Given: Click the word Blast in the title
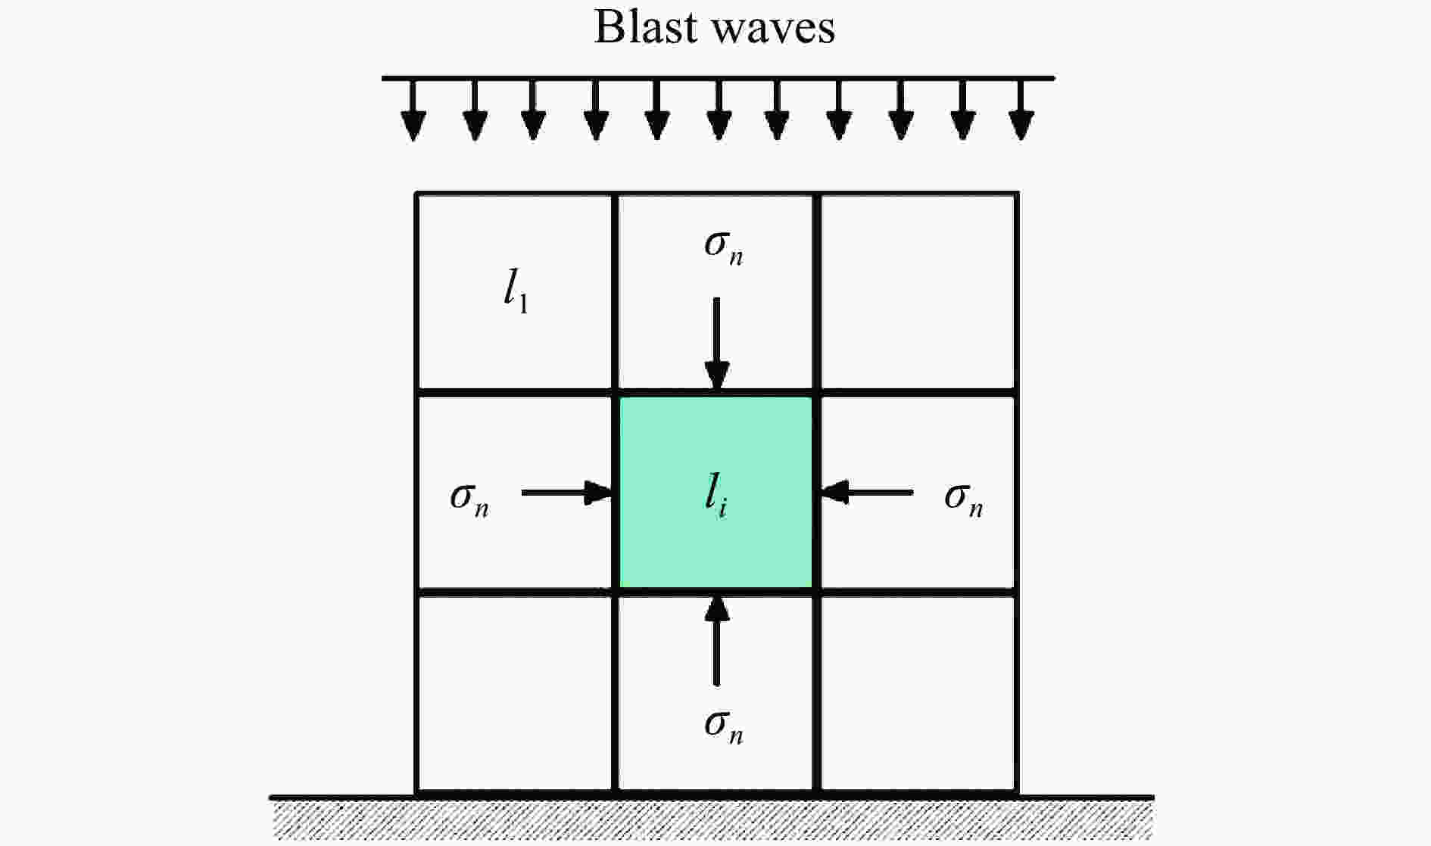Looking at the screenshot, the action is tap(646, 27).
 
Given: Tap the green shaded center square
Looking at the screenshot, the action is tap(716, 493).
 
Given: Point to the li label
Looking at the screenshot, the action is tap(715, 496).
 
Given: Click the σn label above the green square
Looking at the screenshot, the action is tap(724, 248).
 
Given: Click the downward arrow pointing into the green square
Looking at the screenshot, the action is tap(717, 344).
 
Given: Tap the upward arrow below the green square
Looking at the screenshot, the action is tap(717, 640).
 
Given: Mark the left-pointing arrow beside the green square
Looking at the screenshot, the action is tap(866, 493).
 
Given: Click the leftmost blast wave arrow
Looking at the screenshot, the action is tap(413, 110).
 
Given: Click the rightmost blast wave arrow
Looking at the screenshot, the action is tap(1022, 110).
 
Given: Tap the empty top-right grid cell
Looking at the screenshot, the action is tap(917, 292).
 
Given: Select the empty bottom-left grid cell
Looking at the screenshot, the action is tap(515, 693).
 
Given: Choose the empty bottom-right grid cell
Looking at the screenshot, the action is tap(917, 693).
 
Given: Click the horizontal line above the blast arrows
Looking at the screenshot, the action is tap(719, 78).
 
